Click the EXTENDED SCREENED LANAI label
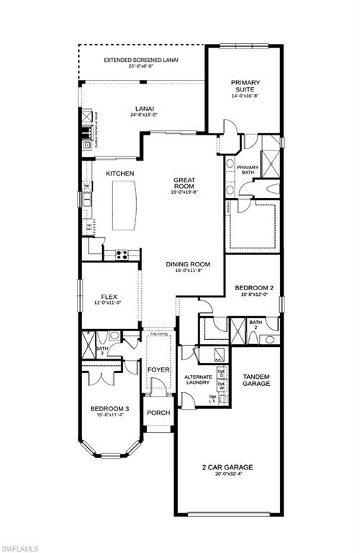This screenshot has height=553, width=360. (x=141, y=60)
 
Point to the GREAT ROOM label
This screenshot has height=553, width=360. (x=185, y=184)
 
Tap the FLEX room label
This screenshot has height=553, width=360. (x=109, y=295)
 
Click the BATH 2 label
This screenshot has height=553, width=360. (x=256, y=325)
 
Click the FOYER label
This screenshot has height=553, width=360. (x=158, y=370)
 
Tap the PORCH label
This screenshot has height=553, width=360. (x=158, y=413)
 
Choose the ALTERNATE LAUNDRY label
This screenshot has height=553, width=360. (x=197, y=380)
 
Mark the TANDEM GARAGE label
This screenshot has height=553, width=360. (x=256, y=380)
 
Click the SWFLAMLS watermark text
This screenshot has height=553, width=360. (x=19, y=545)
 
